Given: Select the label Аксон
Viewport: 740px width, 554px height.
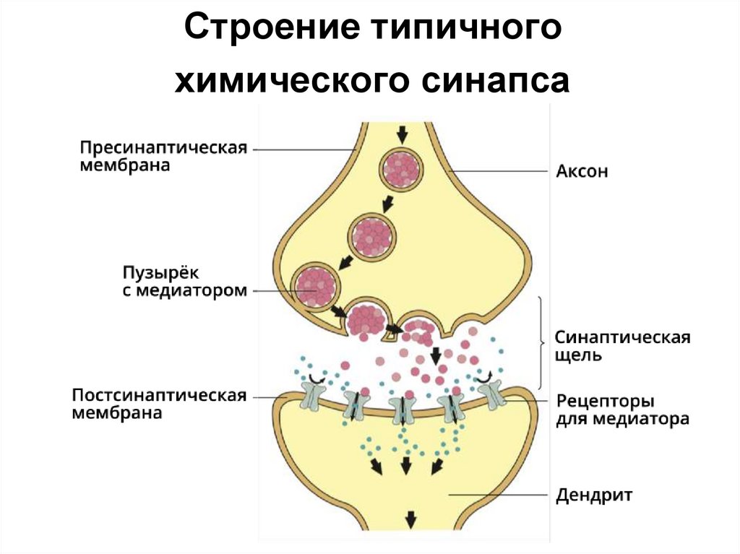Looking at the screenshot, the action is click(x=582, y=172).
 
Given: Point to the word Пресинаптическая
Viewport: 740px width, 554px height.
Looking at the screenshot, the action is click(x=163, y=147).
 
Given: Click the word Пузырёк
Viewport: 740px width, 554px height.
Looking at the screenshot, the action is click(x=159, y=272).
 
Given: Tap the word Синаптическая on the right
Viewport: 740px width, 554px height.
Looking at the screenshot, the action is click(x=622, y=337).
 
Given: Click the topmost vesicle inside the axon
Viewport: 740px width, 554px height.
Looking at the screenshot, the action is click(x=403, y=170).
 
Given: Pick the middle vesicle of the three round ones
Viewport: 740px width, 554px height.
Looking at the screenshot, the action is click(x=372, y=233).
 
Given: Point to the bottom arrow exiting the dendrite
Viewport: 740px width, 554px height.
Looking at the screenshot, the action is click(x=410, y=518).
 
